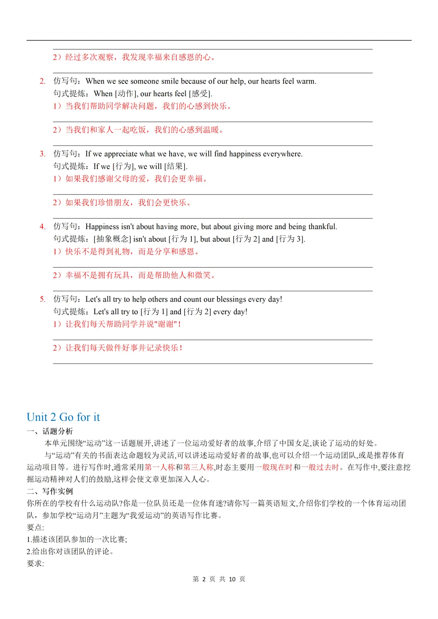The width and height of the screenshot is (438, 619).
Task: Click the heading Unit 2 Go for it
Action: coord(63,417)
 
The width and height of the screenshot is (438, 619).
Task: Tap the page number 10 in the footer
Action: coord(232,579)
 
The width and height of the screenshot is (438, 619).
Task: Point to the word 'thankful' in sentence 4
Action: coord(322,227)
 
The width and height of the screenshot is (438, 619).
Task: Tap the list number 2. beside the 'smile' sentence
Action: coord(43,81)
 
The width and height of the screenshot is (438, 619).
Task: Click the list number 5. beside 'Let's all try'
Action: coord(43,299)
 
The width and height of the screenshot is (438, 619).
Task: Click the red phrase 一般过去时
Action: coord(320,467)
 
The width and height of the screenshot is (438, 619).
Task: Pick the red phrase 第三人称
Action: coord(198,467)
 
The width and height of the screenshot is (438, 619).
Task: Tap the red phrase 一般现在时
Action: coord(274,467)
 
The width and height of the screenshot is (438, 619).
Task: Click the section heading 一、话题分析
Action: coord(50,431)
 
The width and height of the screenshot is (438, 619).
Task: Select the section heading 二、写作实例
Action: coord(50,491)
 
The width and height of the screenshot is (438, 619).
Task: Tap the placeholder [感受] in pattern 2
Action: coord(200,94)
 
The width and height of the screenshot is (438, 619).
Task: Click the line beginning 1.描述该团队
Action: coord(77,539)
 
